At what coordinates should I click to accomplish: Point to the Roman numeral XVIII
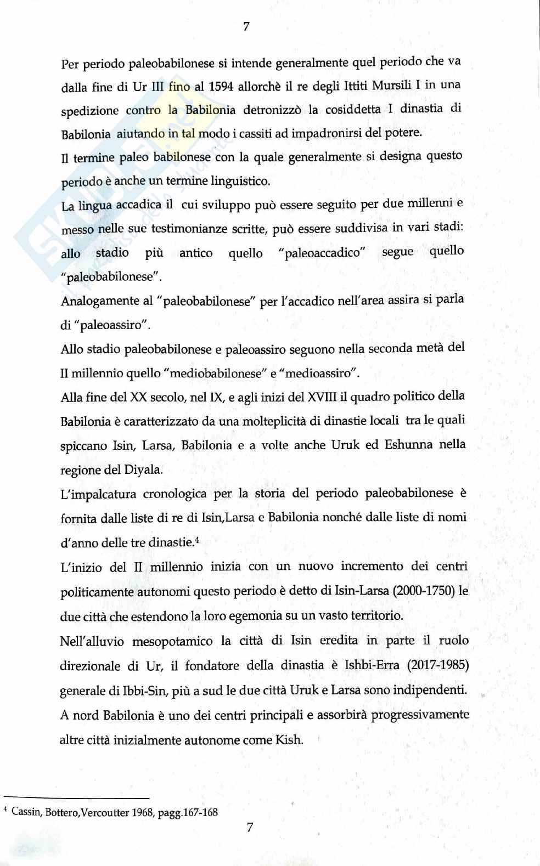click(x=322, y=397)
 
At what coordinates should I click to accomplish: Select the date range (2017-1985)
click(x=437, y=665)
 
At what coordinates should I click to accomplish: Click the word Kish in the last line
click(x=289, y=739)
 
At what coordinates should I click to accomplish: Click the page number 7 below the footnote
click(x=250, y=827)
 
